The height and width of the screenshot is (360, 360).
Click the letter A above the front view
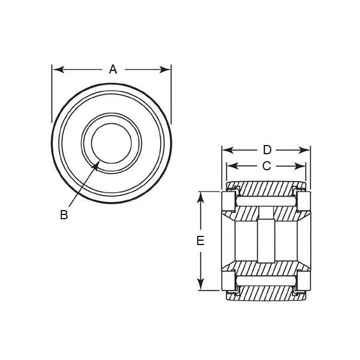(112, 69)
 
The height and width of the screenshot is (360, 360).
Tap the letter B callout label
(64, 215)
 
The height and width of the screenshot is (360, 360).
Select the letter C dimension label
(266, 166)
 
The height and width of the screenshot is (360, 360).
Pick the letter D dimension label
(267, 149)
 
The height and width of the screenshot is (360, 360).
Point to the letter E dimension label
(200, 241)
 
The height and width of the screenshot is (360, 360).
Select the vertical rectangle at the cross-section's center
(266, 240)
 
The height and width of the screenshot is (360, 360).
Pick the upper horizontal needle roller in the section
(266, 200)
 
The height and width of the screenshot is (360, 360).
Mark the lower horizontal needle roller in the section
(266, 280)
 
